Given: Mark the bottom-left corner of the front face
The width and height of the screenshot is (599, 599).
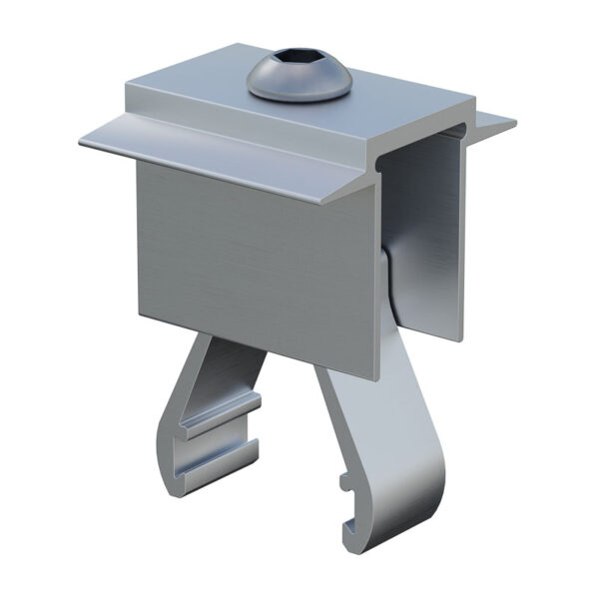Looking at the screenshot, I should (139, 317).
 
